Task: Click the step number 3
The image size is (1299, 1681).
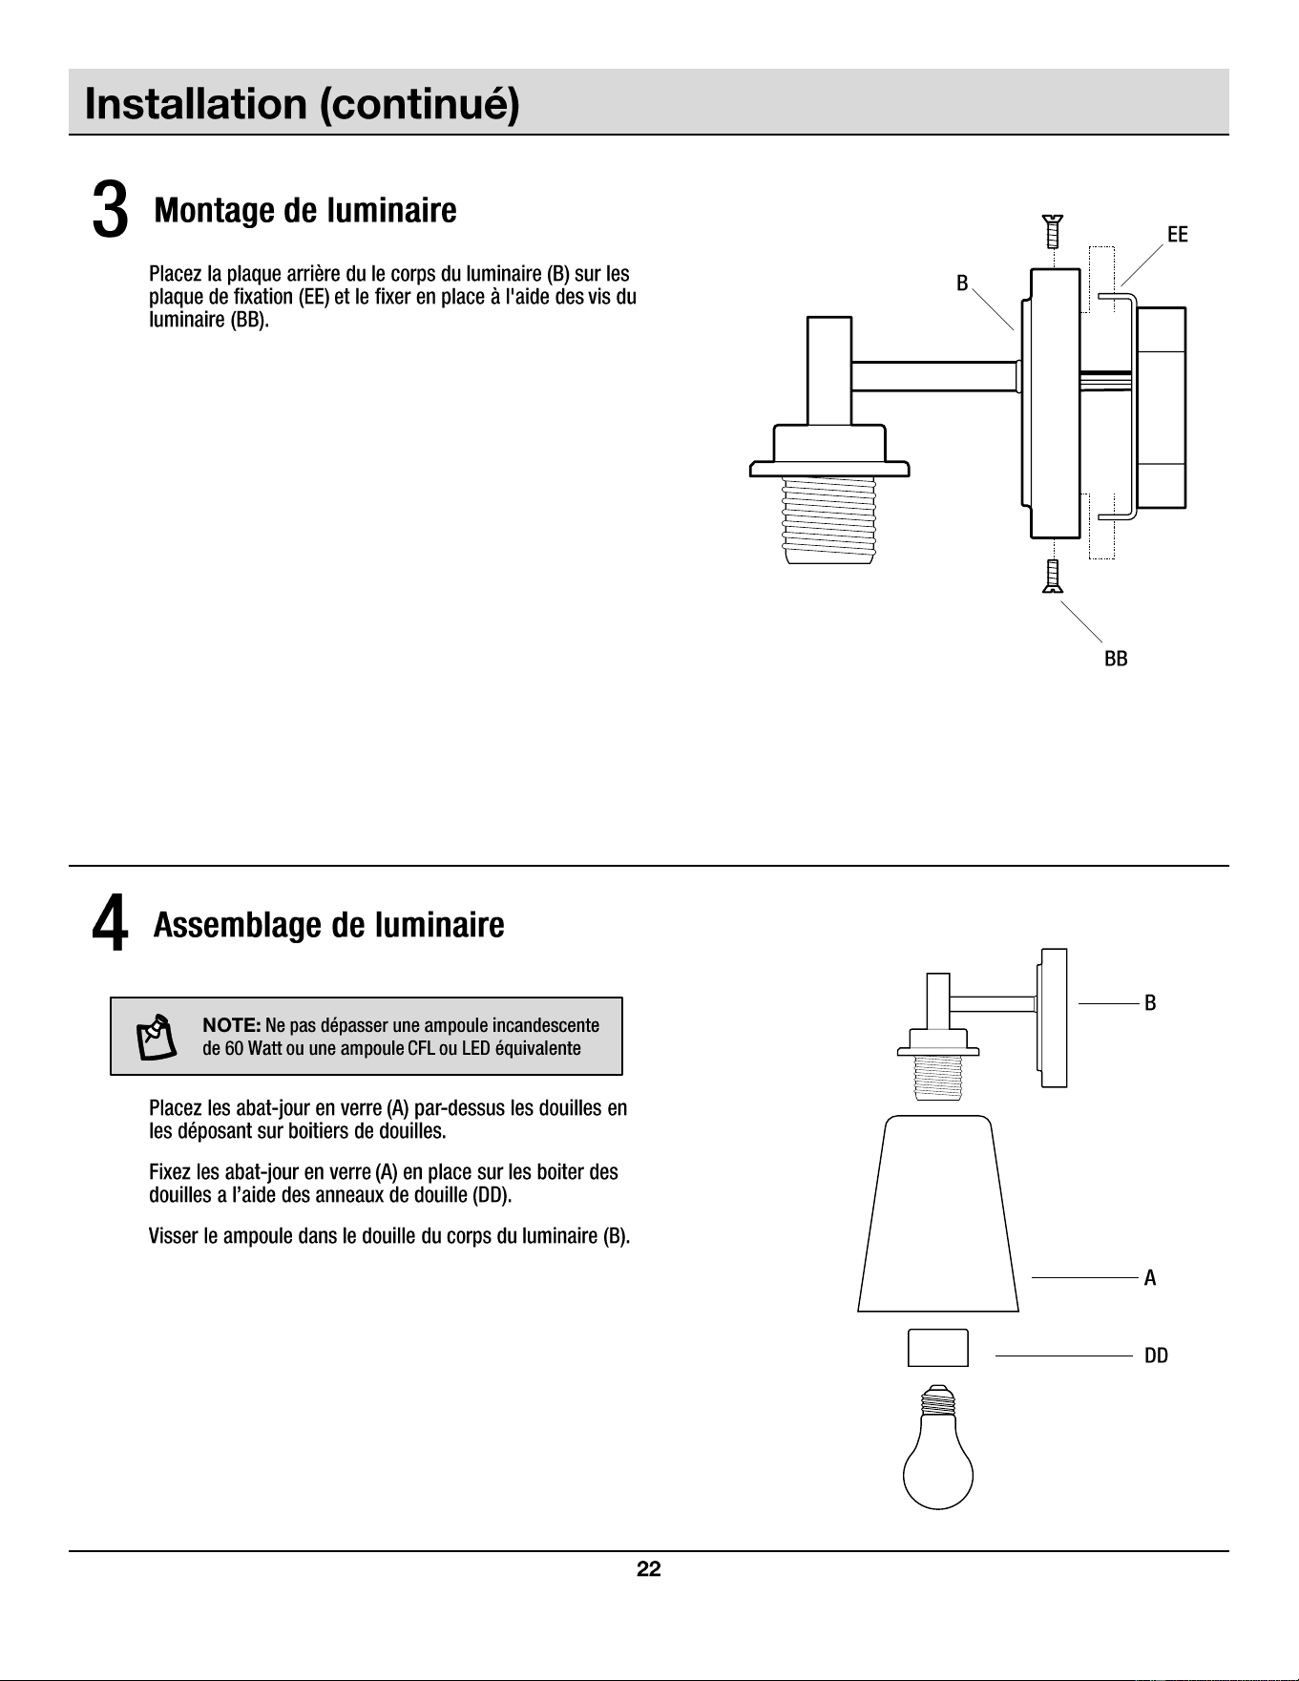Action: pos(110,210)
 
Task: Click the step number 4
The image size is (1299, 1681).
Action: pos(110,925)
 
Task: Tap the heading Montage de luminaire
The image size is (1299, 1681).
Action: pos(305,210)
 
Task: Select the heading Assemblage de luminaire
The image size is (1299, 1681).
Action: pos(329,925)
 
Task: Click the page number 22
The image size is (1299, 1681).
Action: pos(649,1569)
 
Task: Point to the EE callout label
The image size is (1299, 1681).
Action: pos(1178,235)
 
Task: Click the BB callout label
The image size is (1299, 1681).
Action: pos(1116,659)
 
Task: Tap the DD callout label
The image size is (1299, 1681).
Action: pos(1156,1355)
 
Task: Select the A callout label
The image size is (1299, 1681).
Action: pos(1150,1277)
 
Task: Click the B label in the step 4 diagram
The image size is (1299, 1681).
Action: pos(1150,1003)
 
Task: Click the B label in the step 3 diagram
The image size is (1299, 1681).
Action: pos(962,283)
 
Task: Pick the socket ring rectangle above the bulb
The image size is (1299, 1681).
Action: pos(938,1348)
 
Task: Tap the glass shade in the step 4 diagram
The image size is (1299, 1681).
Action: pos(938,1213)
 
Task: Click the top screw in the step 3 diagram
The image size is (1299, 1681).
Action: pos(1053,230)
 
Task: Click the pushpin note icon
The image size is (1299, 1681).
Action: pos(156,1037)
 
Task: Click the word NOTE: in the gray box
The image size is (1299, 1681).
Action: pos(232,1025)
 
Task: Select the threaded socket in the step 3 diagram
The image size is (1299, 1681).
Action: pos(828,520)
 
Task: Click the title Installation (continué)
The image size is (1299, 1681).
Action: pos(303,104)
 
